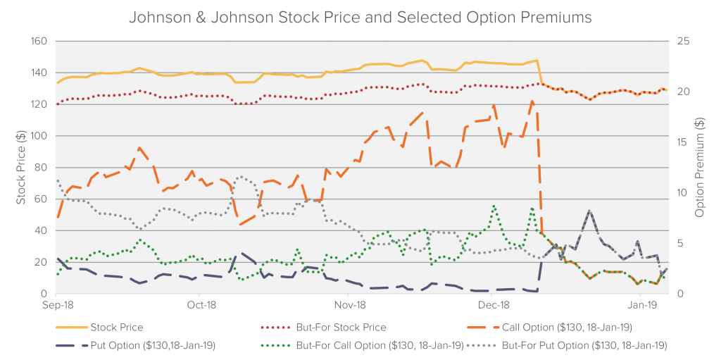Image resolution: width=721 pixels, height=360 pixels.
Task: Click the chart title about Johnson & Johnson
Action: (x=360, y=17)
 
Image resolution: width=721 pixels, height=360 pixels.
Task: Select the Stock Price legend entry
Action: (x=117, y=328)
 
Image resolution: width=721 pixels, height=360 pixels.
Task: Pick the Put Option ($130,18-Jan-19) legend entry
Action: (x=153, y=345)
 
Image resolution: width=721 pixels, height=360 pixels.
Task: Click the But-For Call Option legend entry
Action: (x=381, y=345)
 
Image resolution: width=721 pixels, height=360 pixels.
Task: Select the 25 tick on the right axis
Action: (x=682, y=41)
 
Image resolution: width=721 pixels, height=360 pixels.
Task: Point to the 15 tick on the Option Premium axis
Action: (x=682, y=142)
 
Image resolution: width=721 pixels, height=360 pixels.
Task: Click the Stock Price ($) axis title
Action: (x=20, y=168)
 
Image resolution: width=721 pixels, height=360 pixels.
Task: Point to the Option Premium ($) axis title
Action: (x=700, y=168)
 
